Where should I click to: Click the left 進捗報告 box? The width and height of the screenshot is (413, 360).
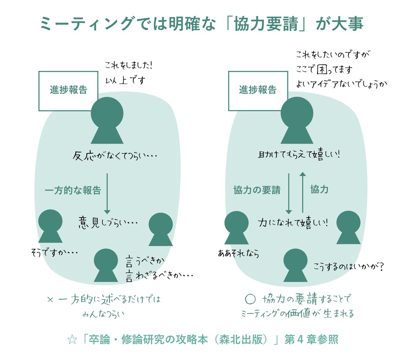[x=68, y=91]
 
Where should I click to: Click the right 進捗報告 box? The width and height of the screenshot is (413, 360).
[x=258, y=91]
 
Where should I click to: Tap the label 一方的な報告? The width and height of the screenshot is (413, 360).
[x=73, y=190]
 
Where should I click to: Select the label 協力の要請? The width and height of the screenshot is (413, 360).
[x=257, y=190]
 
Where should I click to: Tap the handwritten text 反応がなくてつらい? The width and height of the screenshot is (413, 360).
[x=115, y=156]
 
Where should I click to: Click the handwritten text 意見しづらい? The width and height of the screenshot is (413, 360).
[x=108, y=223]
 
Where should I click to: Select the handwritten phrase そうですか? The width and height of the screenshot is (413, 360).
[x=54, y=253]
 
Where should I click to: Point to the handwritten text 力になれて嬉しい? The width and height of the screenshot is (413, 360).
[x=293, y=223]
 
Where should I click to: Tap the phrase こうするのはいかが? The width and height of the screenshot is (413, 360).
[x=349, y=266]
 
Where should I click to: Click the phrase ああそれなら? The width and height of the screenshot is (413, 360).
[x=239, y=254]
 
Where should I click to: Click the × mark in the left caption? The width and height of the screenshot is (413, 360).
[x=50, y=300]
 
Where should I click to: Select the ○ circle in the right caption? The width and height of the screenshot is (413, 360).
[x=250, y=299]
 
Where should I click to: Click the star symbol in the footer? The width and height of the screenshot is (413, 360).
[x=72, y=340]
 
